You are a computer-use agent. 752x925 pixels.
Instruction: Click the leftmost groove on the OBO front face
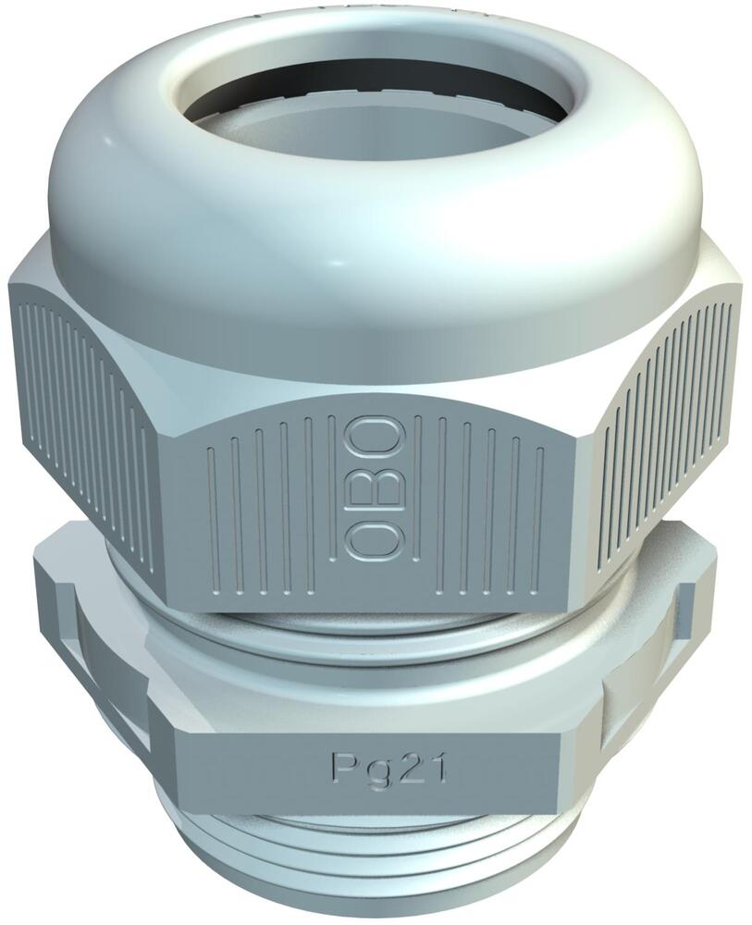213,518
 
